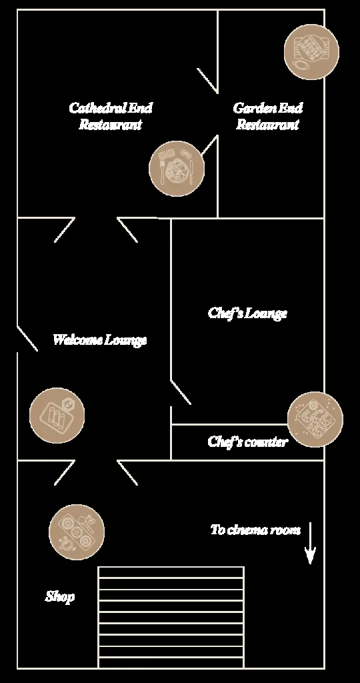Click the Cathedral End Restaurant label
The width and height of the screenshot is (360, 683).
pyautogui.click(x=111, y=116)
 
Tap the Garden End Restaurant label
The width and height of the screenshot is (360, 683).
pyautogui.click(x=268, y=116)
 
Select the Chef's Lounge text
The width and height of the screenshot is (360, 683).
pyautogui.click(x=248, y=313)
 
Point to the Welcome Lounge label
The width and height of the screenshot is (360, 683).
pyautogui.click(x=100, y=339)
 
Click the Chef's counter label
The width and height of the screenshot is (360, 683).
pyautogui.click(x=248, y=442)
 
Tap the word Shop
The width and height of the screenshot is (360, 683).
pyautogui.click(x=60, y=597)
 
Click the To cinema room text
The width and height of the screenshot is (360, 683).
pyautogui.click(x=255, y=530)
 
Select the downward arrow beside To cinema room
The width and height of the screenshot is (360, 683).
pyautogui.click(x=310, y=543)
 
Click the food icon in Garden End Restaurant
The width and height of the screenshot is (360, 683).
pyautogui.click(x=311, y=52)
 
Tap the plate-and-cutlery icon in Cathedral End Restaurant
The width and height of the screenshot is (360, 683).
pyautogui.click(x=176, y=169)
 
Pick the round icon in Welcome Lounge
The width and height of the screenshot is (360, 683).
pyautogui.click(x=57, y=416)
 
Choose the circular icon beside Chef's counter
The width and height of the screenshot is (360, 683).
pyautogui.click(x=315, y=420)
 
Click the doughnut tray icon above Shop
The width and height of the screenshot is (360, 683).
pyautogui.click(x=77, y=532)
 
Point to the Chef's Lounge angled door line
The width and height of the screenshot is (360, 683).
pyautogui.click(x=181, y=392)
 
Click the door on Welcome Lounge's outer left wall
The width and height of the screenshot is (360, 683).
pyautogui.click(x=27, y=338)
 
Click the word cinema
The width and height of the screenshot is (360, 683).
pyautogui.click(x=247, y=530)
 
